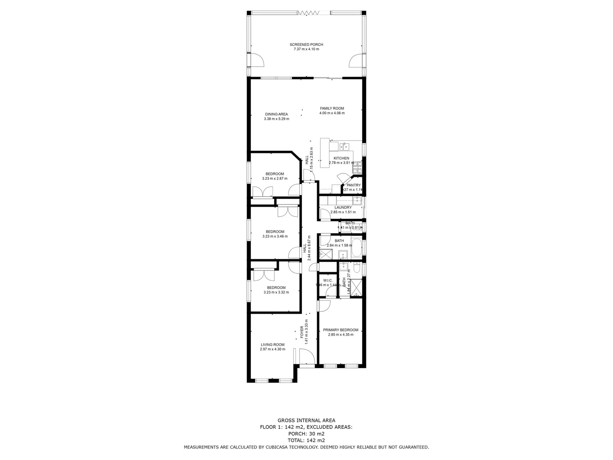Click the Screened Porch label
click(x=306, y=44)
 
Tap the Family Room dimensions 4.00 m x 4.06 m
click(x=332, y=113)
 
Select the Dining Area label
click(x=276, y=114)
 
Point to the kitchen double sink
click(x=345, y=147)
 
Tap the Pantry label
click(x=353, y=185)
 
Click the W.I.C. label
click(x=327, y=280)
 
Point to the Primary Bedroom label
click(x=340, y=330)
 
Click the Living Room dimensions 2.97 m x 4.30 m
click(x=272, y=349)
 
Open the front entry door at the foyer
click(x=306, y=357)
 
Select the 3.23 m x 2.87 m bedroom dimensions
click(x=275, y=178)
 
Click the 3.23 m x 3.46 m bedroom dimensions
click(x=275, y=236)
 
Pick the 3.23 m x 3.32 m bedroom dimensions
click(x=276, y=292)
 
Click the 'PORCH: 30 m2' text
click(x=306, y=434)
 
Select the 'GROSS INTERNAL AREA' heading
click(x=306, y=420)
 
